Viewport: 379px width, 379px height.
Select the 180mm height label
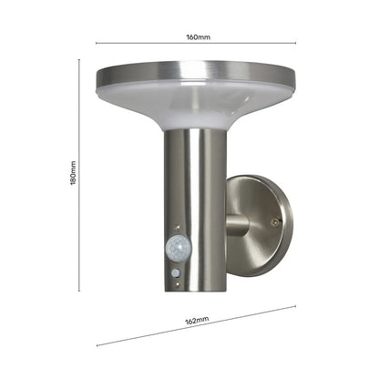[x=72, y=174]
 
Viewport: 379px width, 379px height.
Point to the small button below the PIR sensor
[x=175, y=271]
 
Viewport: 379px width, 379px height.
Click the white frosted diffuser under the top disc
[x=196, y=108]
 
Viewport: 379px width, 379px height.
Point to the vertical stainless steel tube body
[x=195, y=182]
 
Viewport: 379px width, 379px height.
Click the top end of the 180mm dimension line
[x=79, y=59]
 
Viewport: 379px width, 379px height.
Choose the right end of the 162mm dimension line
[x=296, y=307]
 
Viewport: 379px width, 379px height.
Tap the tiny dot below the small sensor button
[x=177, y=282]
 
